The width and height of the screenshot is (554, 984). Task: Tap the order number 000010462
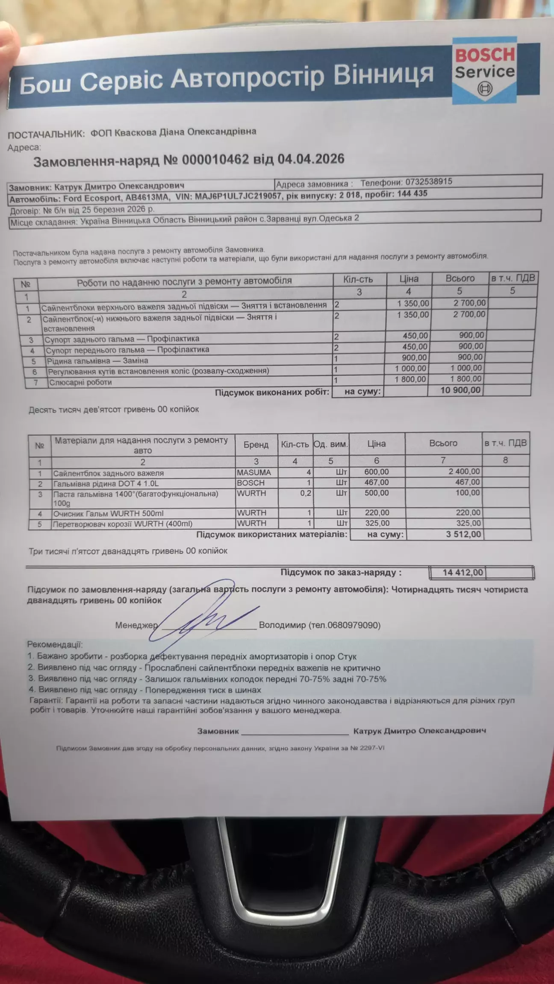click(215, 160)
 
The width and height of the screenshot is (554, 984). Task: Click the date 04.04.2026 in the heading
click(311, 159)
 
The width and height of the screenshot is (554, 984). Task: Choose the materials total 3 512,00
click(463, 534)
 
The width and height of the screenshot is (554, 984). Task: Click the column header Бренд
click(256, 445)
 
